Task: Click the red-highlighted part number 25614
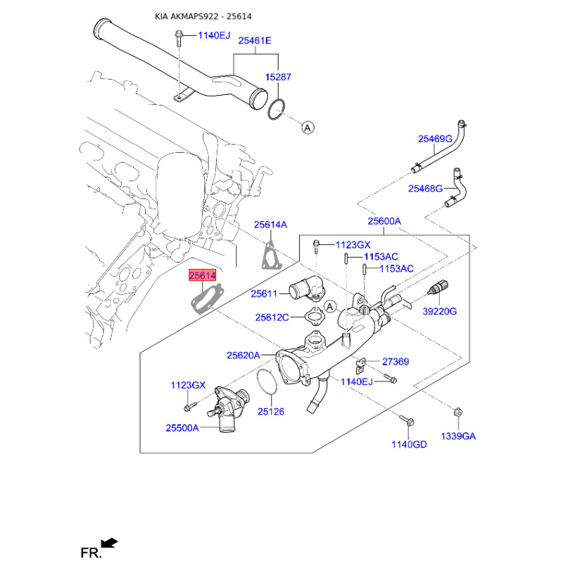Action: coord(202,277)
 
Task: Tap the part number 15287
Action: coord(278,77)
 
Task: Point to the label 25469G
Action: coord(435,139)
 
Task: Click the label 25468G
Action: coord(426,189)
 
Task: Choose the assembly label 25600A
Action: coord(384,221)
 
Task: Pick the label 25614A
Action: coord(271,224)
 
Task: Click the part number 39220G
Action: coord(440,311)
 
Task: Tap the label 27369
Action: coord(396,362)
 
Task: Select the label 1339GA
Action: coord(458,436)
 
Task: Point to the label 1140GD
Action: coord(410,444)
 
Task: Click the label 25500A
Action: coord(182,428)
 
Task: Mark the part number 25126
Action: coord(271,412)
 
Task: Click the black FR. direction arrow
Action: coord(110,543)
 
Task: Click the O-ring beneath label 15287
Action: coord(277,108)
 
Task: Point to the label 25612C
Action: coord(272,317)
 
